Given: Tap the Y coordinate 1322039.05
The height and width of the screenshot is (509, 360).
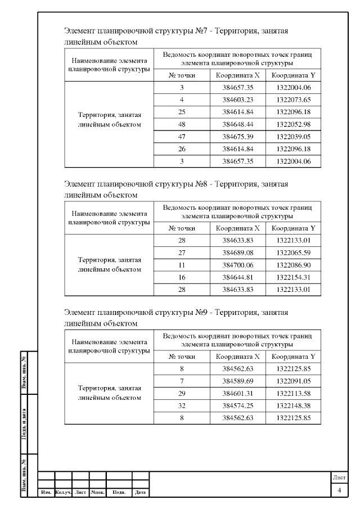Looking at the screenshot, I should (294, 136).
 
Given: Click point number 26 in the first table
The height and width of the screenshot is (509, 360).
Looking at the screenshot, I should (182, 148).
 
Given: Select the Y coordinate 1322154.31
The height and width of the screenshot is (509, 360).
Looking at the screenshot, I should (294, 277).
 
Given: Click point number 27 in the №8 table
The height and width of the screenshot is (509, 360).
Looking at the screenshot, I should (182, 253).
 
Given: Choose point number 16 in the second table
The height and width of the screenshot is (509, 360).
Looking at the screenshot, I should (182, 277).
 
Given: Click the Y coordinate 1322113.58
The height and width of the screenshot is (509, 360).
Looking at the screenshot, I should (294, 394).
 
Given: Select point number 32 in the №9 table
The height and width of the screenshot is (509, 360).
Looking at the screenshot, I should (182, 406).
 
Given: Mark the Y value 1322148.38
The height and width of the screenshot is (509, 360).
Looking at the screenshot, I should (294, 406).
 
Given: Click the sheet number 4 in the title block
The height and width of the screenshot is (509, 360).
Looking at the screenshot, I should (339, 491).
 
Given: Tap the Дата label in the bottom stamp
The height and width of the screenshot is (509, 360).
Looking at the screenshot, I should (140, 493).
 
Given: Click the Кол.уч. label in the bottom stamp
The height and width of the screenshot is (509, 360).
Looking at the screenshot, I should (64, 493).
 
